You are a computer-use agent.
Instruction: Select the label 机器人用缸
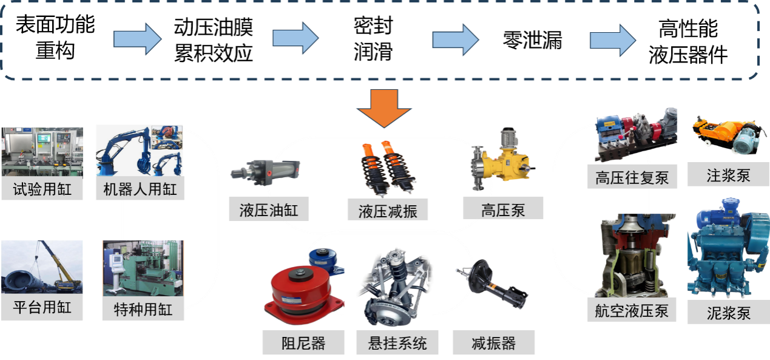pyautogui.click(x=140, y=189)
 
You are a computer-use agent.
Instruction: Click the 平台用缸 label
pyautogui.click(x=42, y=307)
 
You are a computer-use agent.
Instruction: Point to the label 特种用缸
pyautogui.click(x=143, y=310)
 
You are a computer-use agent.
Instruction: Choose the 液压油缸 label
pyautogui.click(x=269, y=210)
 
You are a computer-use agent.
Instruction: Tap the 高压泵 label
pyautogui.click(x=503, y=210)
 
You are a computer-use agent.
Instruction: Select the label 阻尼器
pyautogui.click(x=303, y=343)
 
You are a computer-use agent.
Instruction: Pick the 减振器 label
pyautogui.click(x=493, y=343)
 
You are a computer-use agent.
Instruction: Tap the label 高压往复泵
pyautogui.click(x=632, y=178)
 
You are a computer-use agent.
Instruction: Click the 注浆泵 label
pyautogui.click(x=728, y=175)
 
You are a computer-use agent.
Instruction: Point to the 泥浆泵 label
pyautogui.click(x=728, y=313)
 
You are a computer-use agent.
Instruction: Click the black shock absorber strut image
pyautogui.click(x=493, y=285)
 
